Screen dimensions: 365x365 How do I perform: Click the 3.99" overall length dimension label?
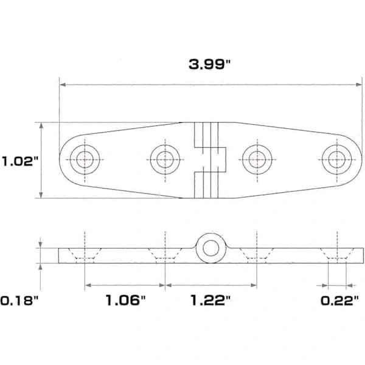click(209, 64)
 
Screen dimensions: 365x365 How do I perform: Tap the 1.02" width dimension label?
click(19, 161)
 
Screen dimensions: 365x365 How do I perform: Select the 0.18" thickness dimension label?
click(19, 301)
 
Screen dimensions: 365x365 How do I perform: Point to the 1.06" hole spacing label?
click(125, 300)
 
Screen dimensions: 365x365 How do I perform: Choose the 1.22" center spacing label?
click(210, 300)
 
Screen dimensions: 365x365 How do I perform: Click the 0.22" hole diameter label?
click(340, 301)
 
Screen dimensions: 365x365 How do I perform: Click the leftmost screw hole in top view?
click(85, 159)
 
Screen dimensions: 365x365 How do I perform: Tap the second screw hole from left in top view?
click(165, 159)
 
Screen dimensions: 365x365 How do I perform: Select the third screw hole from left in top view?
click(257, 159)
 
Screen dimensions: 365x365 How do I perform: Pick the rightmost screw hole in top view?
click(337, 159)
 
